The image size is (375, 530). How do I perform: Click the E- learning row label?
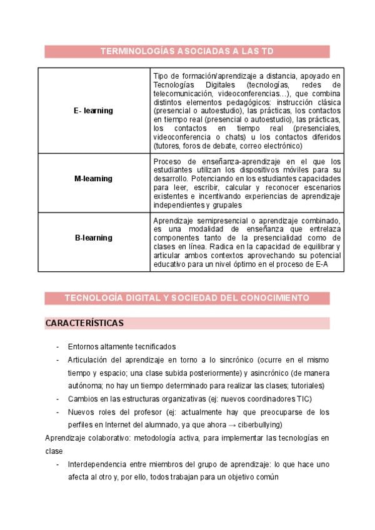pyautogui.click(x=93, y=111)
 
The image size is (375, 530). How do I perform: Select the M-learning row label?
pyautogui.click(x=93, y=178)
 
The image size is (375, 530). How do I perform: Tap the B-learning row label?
pyautogui.click(x=93, y=237)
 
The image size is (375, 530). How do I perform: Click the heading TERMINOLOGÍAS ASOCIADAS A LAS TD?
pyautogui.click(x=187, y=52)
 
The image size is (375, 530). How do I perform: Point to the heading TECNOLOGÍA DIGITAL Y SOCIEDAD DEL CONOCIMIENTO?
pyautogui.click(x=187, y=297)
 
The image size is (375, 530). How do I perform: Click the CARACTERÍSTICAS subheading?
pyautogui.click(x=84, y=323)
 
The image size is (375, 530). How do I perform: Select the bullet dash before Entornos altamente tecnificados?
pyautogui.click(x=57, y=347)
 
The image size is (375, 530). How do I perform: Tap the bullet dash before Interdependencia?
pyautogui.click(x=57, y=464)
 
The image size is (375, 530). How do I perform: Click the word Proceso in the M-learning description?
pyautogui.click(x=167, y=161)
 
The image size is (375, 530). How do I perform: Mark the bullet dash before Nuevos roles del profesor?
pyautogui.click(x=57, y=412)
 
